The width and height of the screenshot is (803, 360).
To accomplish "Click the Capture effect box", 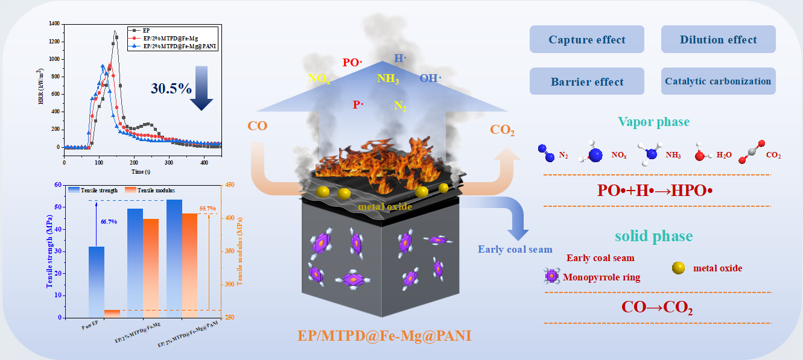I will [586, 40].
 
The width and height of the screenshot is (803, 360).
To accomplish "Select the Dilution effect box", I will [718, 40].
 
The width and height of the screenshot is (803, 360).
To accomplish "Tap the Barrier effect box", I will [586, 81].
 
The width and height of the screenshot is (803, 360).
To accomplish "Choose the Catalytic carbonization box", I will [718, 81].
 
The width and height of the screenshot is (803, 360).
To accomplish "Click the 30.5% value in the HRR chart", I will [171, 88].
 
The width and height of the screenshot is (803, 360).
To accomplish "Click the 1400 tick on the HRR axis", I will [54, 24].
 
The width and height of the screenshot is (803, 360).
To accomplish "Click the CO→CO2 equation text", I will [657, 308].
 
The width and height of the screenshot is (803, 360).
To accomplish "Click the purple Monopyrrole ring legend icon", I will [551, 277].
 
